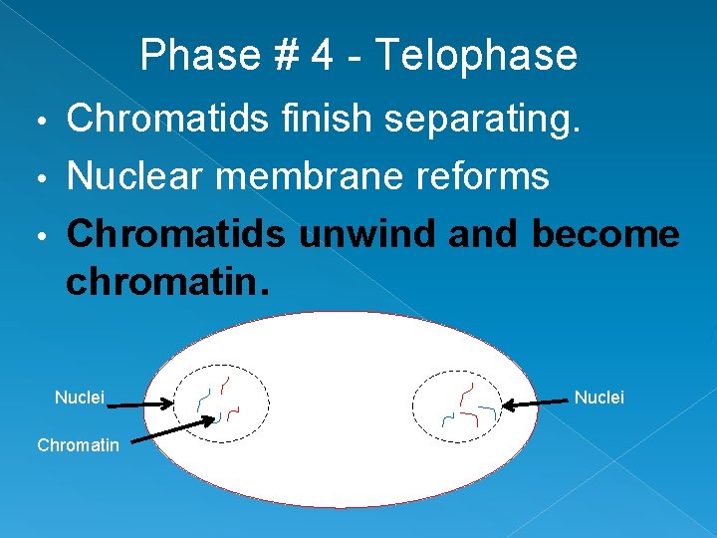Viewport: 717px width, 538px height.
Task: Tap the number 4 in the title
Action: tap(322, 55)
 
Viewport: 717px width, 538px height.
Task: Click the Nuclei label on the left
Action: tap(79, 398)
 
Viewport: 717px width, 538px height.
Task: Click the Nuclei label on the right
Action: tap(599, 398)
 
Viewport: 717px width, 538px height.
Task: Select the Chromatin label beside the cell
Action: tap(78, 445)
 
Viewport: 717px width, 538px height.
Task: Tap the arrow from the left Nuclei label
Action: tap(139, 403)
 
